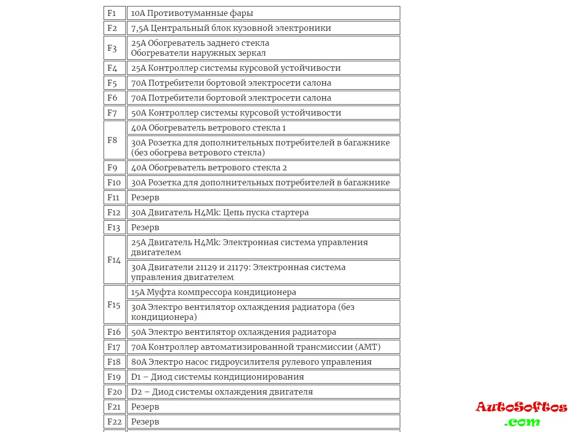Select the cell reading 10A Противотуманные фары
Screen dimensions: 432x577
pyautogui.click(x=192, y=13)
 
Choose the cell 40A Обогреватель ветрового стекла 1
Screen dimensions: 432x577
pyautogui.click(x=209, y=128)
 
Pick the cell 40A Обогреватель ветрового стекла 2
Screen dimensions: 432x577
pyautogui.click(x=209, y=167)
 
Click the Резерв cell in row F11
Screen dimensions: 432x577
pyautogui.click(x=145, y=197)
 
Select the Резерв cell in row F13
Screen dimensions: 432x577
pyautogui.click(x=145, y=227)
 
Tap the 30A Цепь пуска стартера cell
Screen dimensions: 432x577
pyautogui.click(x=220, y=212)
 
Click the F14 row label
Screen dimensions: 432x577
pyautogui.click(x=114, y=260)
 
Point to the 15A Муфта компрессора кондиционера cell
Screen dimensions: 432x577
pyautogui.click(x=214, y=292)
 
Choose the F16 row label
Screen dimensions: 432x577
pyautogui.click(x=114, y=332)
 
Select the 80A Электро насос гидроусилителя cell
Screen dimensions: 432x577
pyautogui.click(x=251, y=362)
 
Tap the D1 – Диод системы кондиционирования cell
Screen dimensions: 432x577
pyautogui.click(x=218, y=377)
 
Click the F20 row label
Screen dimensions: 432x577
pyautogui.click(x=114, y=392)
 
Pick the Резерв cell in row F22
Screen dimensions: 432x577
pyautogui.click(x=145, y=422)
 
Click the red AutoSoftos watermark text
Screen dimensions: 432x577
pyautogui.click(x=521, y=407)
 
